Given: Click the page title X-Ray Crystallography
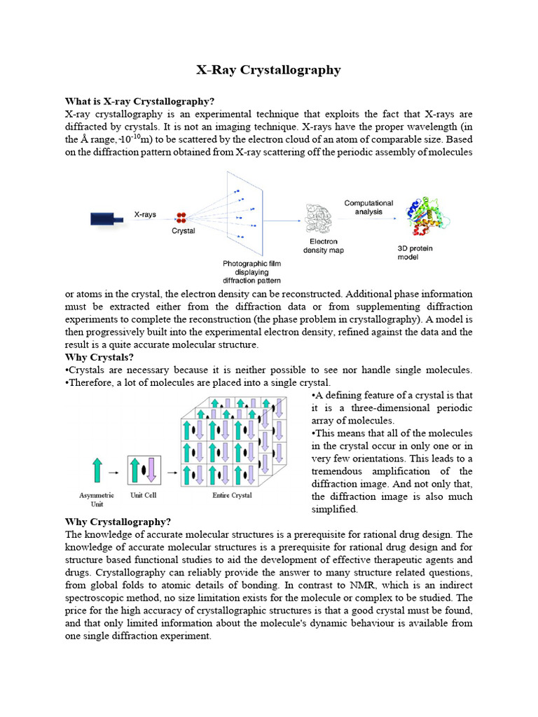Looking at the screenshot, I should tap(268, 70).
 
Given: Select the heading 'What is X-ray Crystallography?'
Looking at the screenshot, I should tap(139, 102).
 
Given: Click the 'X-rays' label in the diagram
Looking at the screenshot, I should tap(145, 215).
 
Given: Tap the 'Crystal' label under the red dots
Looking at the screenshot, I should tap(183, 231).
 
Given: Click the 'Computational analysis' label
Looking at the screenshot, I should tap(368, 208).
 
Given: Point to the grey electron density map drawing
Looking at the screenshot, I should tap(322, 218).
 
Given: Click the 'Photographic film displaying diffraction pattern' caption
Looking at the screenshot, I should tap(251, 272).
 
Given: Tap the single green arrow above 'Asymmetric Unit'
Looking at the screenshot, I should tap(97, 471).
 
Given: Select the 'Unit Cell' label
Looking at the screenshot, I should tap(144, 495).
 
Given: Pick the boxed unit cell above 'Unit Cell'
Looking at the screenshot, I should tap(144, 471).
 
